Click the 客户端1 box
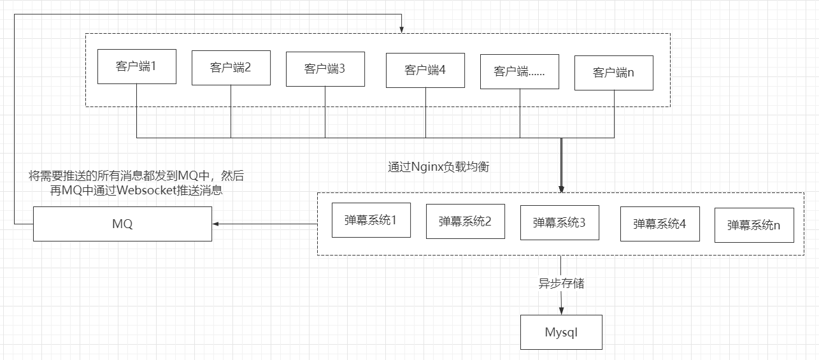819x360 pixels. pyautogui.click(x=136, y=66)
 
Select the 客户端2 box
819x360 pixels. pyautogui.click(x=231, y=68)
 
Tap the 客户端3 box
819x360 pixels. pyautogui.click(x=325, y=69)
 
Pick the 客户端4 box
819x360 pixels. pyautogui.click(x=425, y=70)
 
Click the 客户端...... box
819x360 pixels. pyautogui.click(x=520, y=71)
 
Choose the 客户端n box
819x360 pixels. pyautogui.click(x=614, y=73)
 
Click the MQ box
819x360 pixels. pyautogui.click(x=122, y=224)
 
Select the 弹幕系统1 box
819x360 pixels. pyautogui.click(x=371, y=220)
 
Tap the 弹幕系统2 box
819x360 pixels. pyautogui.click(x=465, y=222)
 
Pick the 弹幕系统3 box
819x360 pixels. pyautogui.click(x=559, y=222)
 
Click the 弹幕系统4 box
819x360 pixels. pyautogui.click(x=660, y=224)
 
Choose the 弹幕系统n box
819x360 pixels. pyautogui.click(x=754, y=225)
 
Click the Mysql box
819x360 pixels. pyautogui.click(x=561, y=332)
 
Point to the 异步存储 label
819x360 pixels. pyautogui.click(x=561, y=284)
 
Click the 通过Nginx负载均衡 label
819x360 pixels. pyautogui.click(x=439, y=168)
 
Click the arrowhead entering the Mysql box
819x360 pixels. pyautogui.click(x=561, y=310)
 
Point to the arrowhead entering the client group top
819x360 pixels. pyautogui.click(x=401, y=29)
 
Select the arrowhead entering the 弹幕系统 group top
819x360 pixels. pyautogui.click(x=561, y=188)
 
